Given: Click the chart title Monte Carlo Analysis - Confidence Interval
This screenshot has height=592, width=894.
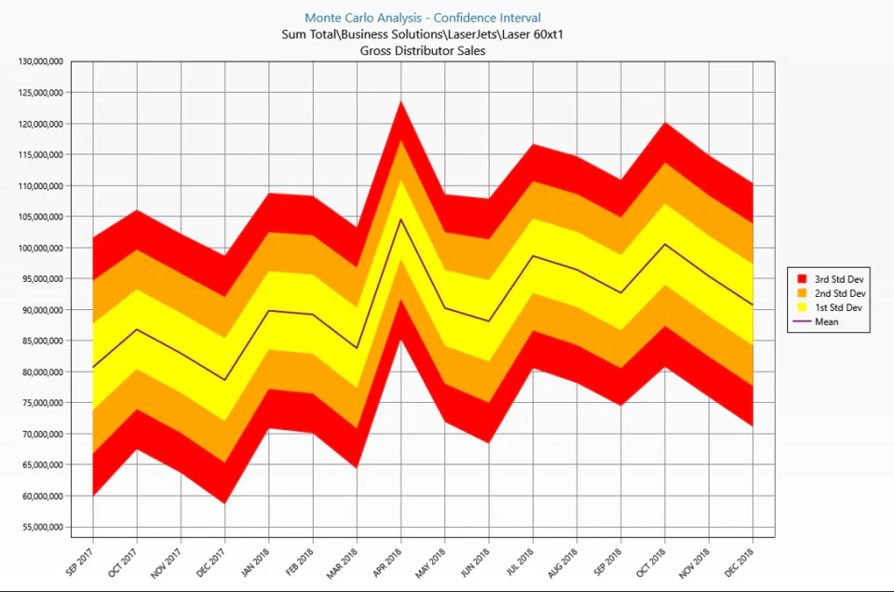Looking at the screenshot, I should click(x=423, y=18).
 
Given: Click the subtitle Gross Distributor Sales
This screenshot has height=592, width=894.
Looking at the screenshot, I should click(x=423, y=50).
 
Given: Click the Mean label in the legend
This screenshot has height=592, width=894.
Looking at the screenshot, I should click(x=827, y=322).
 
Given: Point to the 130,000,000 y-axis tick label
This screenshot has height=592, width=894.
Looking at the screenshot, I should click(x=41, y=61).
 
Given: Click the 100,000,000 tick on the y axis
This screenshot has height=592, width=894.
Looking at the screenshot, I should click(x=41, y=248).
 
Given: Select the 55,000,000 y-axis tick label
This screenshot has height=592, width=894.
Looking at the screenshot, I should click(x=41, y=527).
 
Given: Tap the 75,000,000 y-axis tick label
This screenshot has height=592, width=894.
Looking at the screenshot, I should click(x=41, y=403).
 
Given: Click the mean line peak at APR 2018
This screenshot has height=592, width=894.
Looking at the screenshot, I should click(x=401, y=219).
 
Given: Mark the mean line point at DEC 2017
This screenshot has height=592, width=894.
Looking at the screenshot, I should click(x=225, y=380).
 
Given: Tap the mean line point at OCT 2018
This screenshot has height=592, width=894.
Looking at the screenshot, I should click(x=665, y=244).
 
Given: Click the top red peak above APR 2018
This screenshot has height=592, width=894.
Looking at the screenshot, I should click(x=401, y=101).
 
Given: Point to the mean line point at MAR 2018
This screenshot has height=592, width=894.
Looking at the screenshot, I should click(x=358, y=348).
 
